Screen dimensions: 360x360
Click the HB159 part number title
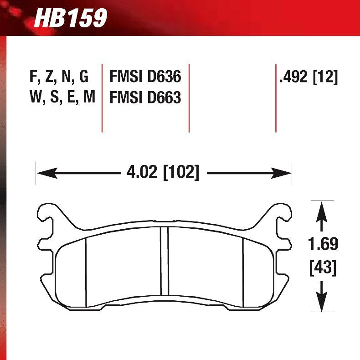(x=71, y=18)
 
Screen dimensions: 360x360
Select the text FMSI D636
(x=145, y=77)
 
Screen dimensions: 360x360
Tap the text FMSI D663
(x=145, y=98)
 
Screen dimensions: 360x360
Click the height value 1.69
(x=323, y=244)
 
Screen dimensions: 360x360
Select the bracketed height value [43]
(x=323, y=267)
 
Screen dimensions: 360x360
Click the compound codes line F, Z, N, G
(x=59, y=77)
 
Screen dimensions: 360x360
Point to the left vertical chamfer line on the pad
(x=86, y=271)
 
